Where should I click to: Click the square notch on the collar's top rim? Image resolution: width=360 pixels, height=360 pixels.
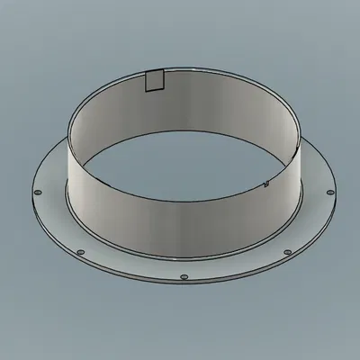coord(154,82)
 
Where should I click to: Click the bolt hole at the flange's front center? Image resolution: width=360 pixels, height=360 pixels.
coord(183,277)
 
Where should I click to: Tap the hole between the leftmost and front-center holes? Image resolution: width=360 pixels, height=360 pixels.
coord(80,251)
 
